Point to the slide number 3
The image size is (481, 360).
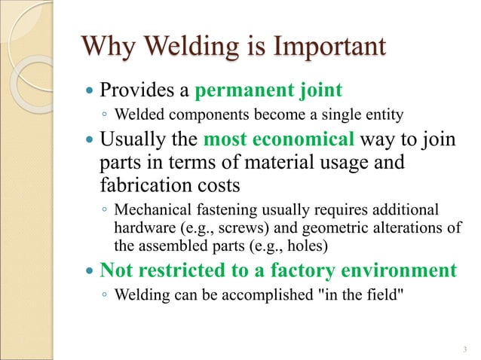(464, 348)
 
